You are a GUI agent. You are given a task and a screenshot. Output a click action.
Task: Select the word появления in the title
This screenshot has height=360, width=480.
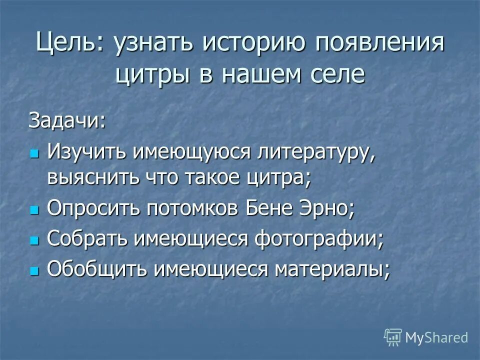380,43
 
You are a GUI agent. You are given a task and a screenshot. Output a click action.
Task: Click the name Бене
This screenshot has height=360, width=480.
271,209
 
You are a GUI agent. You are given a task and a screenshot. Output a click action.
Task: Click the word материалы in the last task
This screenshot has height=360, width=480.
332,269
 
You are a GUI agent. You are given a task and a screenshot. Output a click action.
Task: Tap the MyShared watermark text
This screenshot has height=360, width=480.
436,337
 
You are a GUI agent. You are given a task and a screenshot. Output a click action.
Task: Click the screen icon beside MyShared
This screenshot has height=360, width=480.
393,337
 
